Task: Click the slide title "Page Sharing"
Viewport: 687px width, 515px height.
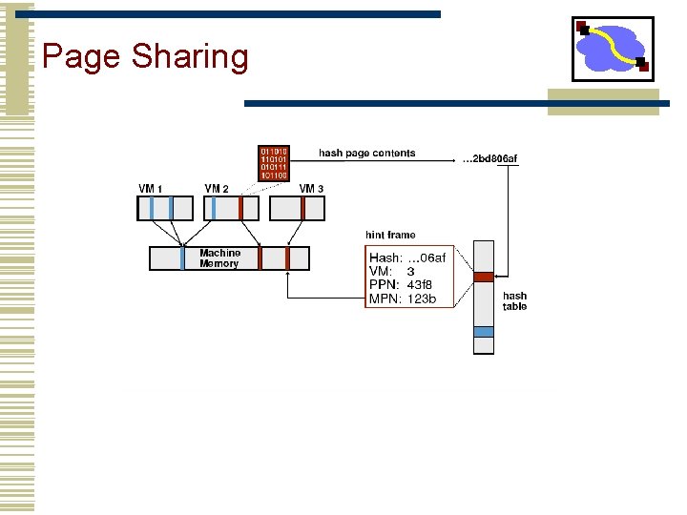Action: coord(145,57)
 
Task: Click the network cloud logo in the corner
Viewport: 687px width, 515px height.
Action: coord(612,48)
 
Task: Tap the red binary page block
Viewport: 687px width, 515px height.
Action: coord(274,163)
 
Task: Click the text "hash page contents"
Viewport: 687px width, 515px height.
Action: coord(366,153)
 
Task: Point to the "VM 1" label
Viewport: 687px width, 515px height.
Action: coord(151,189)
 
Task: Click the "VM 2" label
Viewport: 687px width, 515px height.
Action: coord(218,189)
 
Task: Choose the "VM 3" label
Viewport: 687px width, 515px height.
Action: coord(311,189)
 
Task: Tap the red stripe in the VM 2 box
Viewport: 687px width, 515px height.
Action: coord(240,208)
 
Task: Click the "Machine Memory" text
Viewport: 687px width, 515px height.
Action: coord(219,258)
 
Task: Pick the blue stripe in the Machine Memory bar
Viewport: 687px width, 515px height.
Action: coord(182,257)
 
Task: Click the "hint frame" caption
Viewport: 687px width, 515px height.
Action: coord(390,235)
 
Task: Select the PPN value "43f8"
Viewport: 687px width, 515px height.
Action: coord(420,285)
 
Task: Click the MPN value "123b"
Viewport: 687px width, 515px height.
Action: coord(421,299)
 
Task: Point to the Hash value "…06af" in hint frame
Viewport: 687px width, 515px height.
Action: coord(427,257)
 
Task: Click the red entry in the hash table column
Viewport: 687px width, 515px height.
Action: coord(484,277)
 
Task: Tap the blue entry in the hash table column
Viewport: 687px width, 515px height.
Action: coord(484,331)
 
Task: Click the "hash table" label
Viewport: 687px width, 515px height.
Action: coord(514,301)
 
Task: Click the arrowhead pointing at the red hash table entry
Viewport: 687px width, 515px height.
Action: coord(500,277)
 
